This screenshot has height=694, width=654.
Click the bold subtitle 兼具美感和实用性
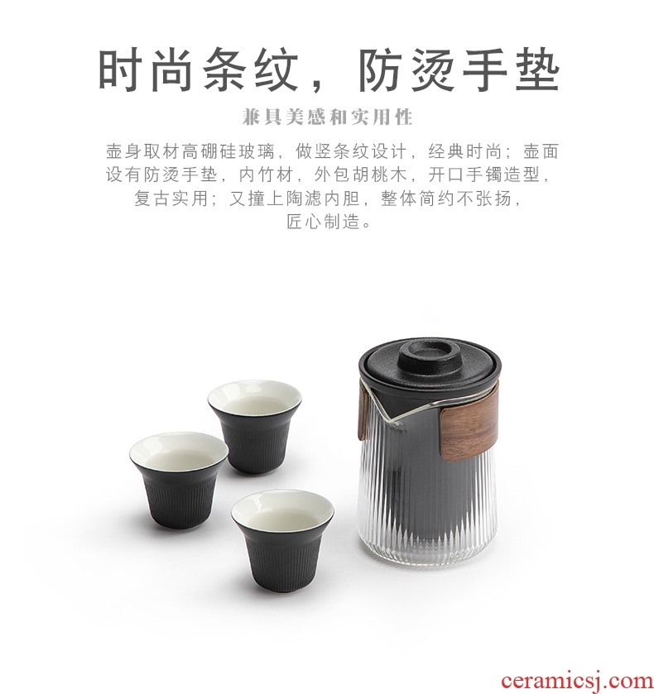pos(328,117)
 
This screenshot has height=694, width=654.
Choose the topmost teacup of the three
pos(255,425)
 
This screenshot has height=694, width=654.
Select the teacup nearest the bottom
pos(282,540)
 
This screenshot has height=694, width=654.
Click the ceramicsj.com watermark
pos(576,679)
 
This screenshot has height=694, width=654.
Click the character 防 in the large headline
pos(379,71)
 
